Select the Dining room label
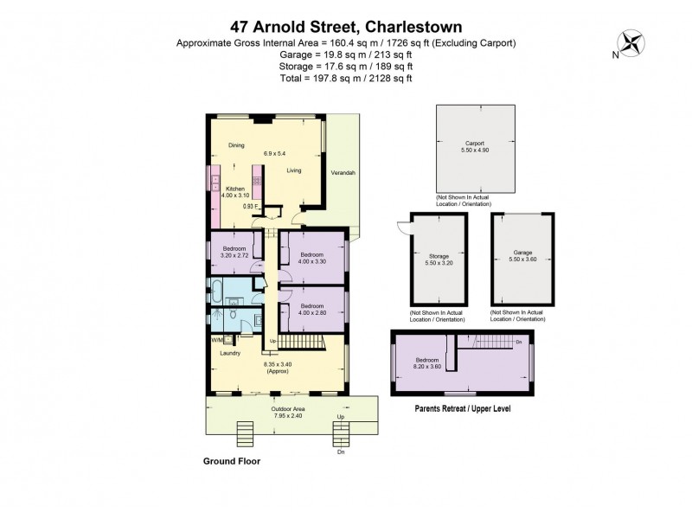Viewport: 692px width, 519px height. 236,145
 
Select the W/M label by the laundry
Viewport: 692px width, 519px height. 216,340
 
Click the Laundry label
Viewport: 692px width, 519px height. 229,353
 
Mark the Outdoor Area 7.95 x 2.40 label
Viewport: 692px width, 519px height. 278,412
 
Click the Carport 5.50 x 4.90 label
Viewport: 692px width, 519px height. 474,147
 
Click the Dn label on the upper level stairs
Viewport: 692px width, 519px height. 518,342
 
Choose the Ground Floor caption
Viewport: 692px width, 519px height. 231,462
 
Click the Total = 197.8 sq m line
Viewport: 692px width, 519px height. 346,78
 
